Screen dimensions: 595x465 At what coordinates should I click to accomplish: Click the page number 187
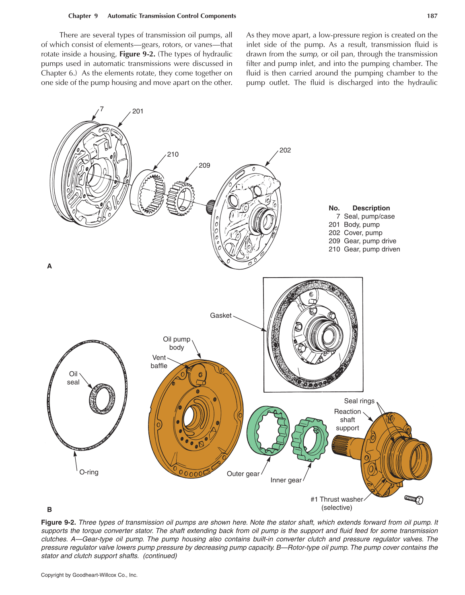pyautogui.click(x=432, y=16)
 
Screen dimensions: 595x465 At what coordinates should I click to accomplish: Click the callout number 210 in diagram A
pyautogui.click(x=173, y=154)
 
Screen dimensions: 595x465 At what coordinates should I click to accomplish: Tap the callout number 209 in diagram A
pyautogui.click(x=204, y=165)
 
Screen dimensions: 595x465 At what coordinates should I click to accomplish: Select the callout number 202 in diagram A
pyautogui.click(x=285, y=150)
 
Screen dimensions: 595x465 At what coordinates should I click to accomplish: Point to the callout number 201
pyautogui.click(x=138, y=111)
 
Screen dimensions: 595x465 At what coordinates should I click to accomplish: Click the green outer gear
pyautogui.click(x=267, y=430)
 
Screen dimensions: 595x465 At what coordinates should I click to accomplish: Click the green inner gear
pyautogui.click(x=310, y=440)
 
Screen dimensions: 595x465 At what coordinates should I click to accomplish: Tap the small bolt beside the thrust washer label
pyautogui.click(x=414, y=499)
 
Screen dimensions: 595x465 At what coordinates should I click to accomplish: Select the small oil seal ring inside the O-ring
pyautogui.click(x=102, y=399)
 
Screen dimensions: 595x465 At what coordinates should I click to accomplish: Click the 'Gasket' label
pyautogui.click(x=221, y=316)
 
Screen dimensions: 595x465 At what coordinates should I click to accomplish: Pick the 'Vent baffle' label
pyautogui.click(x=159, y=362)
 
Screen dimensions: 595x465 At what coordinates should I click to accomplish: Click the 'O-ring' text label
pyautogui.click(x=89, y=472)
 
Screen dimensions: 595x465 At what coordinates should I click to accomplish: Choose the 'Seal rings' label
pyautogui.click(x=359, y=401)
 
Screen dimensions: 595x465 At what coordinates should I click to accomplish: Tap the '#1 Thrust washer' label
pyautogui.click(x=337, y=499)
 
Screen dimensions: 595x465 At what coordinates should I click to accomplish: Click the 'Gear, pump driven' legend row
pyautogui.click(x=364, y=249)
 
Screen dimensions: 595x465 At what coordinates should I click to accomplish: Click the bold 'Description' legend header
pyautogui.click(x=371, y=208)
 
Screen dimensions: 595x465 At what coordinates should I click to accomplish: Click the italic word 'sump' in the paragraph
pyautogui.click(x=309, y=54)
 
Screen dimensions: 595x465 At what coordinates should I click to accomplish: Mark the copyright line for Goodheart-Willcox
pyautogui.click(x=89, y=575)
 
